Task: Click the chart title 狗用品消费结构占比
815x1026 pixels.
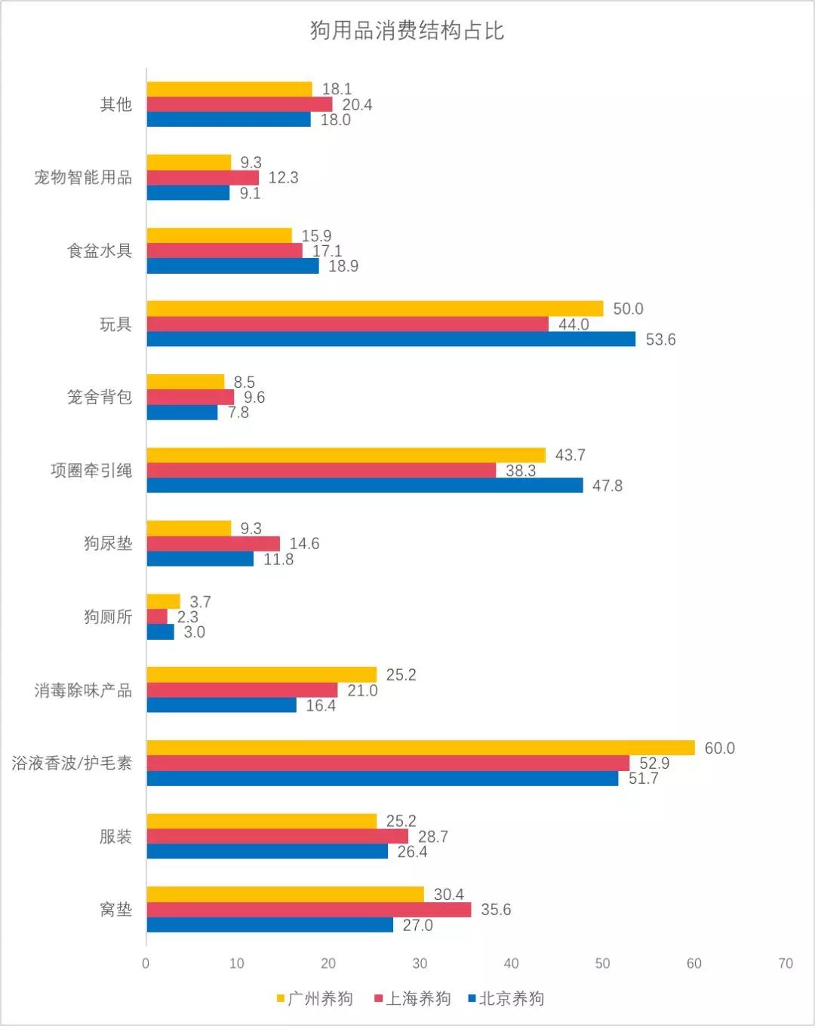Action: click(x=407, y=31)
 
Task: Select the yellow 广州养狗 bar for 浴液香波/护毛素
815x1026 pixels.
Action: click(x=420, y=748)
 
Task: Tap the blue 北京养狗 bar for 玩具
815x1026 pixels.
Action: click(x=391, y=339)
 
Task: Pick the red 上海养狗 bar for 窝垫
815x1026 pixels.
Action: click(x=309, y=910)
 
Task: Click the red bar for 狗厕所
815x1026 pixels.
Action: click(x=157, y=617)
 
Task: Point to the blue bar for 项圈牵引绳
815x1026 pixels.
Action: click(x=364, y=485)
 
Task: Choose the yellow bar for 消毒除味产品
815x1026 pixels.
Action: click(x=261, y=674)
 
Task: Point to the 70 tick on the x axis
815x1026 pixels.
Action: click(x=786, y=963)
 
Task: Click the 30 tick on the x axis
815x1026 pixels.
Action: click(x=420, y=963)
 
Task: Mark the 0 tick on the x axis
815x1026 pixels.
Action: click(x=146, y=963)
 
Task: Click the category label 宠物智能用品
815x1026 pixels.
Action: click(x=83, y=177)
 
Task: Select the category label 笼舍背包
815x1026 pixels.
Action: click(x=100, y=397)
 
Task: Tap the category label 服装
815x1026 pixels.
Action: click(x=115, y=837)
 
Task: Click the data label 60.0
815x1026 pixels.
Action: click(x=719, y=748)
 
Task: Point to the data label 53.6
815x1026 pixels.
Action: click(x=660, y=339)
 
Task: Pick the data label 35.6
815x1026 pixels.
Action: click(x=496, y=910)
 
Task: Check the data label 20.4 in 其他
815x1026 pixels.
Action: click(x=357, y=105)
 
